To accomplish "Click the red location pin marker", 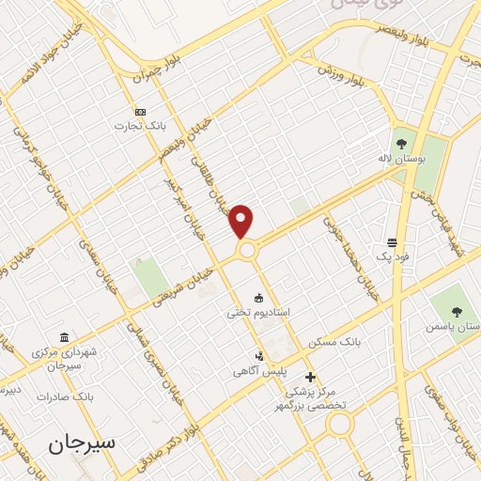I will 242,221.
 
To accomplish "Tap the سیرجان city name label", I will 82,442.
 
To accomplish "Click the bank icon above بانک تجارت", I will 140,112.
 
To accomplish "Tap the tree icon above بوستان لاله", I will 402,144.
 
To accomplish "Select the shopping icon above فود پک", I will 393,241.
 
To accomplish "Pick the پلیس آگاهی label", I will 259,371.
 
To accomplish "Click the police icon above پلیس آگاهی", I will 259,356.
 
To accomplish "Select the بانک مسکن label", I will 339,341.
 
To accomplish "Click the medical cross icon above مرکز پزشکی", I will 311,377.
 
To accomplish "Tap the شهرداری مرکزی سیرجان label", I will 65,358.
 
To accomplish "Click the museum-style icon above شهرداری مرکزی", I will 64,337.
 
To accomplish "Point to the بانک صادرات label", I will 62,396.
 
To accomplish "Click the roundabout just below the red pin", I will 247,251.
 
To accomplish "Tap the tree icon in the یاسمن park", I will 457,311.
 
